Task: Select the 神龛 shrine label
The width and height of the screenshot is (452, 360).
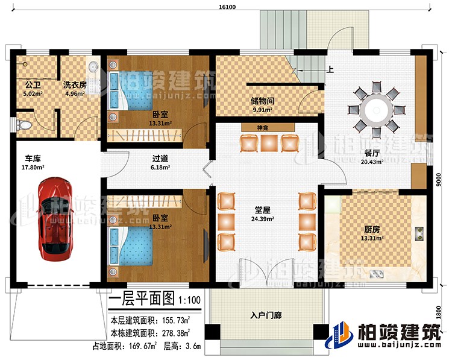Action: click(x=262, y=128)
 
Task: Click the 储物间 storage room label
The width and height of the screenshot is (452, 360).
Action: click(x=263, y=101)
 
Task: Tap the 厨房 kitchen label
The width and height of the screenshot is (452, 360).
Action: click(x=371, y=230)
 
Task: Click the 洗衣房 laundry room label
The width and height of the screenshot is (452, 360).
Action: click(x=75, y=85)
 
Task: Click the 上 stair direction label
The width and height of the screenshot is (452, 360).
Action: click(x=331, y=69)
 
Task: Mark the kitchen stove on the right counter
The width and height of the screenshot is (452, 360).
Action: click(x=419, y=233)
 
